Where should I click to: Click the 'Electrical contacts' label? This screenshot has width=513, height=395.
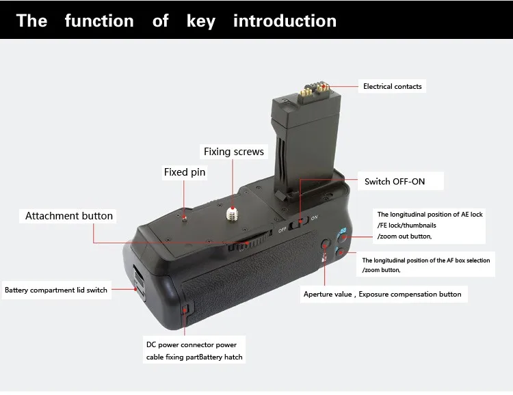(392, 87)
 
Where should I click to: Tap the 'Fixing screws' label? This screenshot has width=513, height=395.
(233, 151)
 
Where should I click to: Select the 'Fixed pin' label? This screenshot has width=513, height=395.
(184, 172)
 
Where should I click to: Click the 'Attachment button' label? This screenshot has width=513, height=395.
(69, 216)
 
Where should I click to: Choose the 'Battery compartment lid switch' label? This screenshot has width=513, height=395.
(56, 290)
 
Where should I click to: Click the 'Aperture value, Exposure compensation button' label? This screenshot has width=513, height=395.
(382, 295)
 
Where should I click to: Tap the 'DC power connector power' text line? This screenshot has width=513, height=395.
(191, 344)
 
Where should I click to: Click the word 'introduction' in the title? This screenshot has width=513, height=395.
(285, 21)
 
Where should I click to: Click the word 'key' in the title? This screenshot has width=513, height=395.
(200, 21)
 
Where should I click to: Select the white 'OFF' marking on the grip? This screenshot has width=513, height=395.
(281, 230)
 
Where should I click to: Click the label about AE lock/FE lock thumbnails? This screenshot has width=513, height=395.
(430, 225)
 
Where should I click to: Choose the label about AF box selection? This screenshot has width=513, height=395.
(425, 265)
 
